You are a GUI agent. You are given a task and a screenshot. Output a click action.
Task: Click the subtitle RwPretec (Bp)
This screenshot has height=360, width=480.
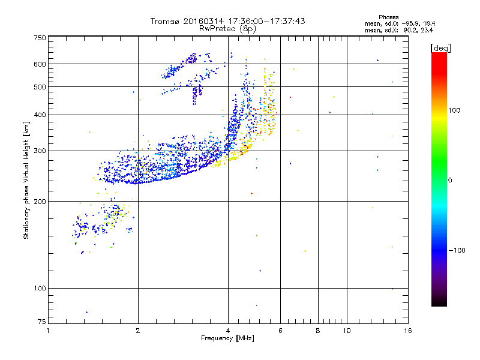click(x=228, y=28)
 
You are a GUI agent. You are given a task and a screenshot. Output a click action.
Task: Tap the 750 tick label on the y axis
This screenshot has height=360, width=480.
click(x=39, y=38)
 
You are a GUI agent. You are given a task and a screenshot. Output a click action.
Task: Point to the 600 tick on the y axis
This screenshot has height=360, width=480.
click(x=39, y=64)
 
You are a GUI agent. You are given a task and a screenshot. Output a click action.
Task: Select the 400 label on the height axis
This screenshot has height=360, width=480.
click(x=39, y=115)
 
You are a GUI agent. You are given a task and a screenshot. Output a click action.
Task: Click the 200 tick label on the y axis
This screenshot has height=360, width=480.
click(x=39, y=201)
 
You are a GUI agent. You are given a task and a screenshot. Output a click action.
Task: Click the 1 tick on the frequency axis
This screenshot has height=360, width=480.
click(x=48, y=331)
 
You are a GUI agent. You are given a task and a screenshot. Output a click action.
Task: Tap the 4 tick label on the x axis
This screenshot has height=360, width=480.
click(x=228, y=331)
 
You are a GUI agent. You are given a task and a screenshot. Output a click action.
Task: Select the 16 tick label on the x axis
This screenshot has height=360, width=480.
click(x=407, y=331)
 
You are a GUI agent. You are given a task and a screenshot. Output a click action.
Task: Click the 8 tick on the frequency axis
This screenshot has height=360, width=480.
click(x=318, y=331)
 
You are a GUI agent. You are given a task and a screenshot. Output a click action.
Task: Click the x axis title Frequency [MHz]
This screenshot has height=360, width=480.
click(x=227, y=339)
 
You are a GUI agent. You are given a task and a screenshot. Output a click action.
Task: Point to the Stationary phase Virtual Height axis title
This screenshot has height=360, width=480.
click(x=26, y=181)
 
